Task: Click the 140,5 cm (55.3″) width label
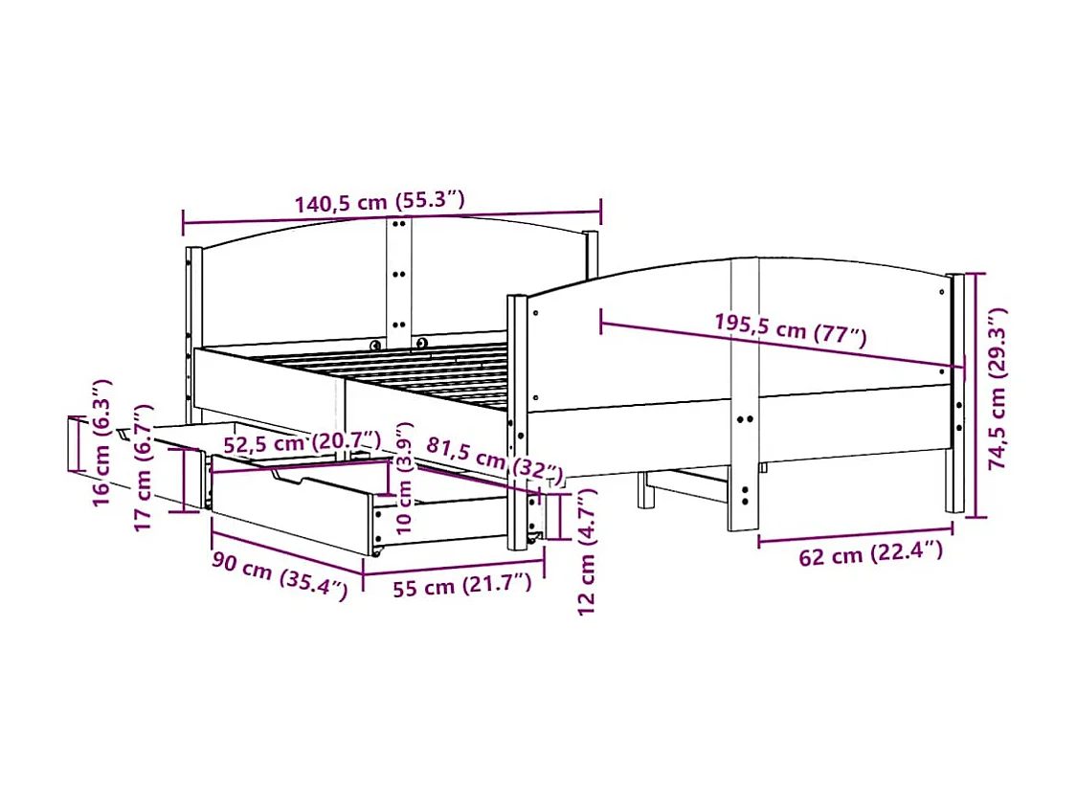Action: coord(379,203)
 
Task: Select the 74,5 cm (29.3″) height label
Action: coord(998,389)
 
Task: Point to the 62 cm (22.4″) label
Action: coord(870,554)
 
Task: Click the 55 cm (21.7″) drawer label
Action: coord(461,586)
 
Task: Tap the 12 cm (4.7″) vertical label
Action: coord(587,550)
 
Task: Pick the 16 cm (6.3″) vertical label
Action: coord(101,440)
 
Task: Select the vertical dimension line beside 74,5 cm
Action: coord(976,394)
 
